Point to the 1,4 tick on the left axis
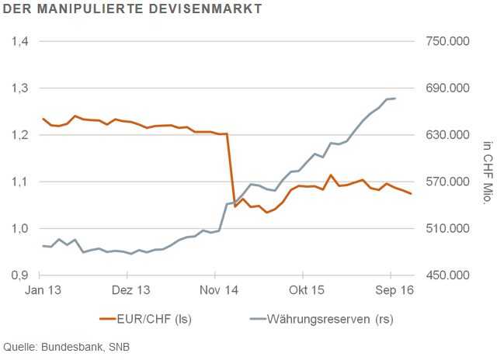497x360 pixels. tap(20, 41)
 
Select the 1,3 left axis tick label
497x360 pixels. tap(20, 88)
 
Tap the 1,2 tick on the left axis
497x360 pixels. tap(20, 135)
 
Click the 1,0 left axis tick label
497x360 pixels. tap(20, 229)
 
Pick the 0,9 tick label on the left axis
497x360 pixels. tap(20, 275)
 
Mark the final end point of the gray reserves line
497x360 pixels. tap(396, 99)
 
